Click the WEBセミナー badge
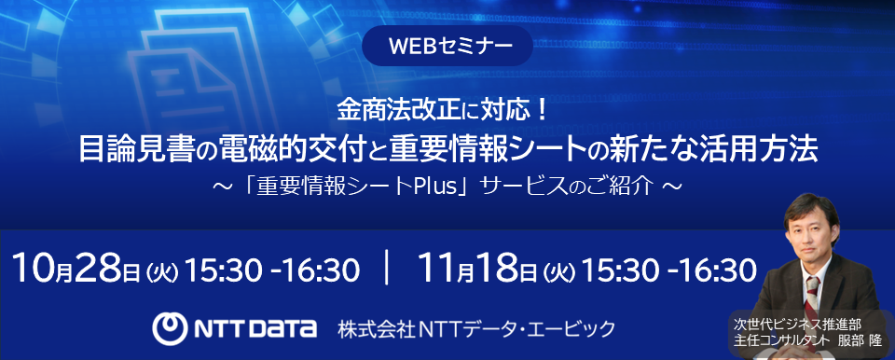(447, 46)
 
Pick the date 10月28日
(78, 270)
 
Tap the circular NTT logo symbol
(171, 327)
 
